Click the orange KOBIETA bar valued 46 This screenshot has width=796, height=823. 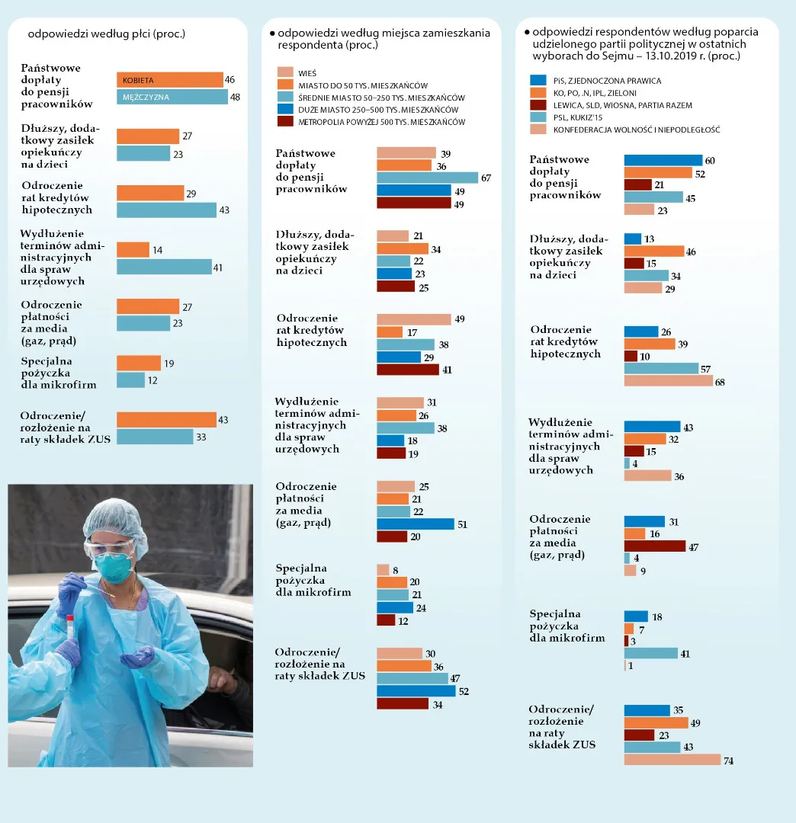point(169,80)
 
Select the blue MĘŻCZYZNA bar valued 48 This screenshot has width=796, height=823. point(172,97)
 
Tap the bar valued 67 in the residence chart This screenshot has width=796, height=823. point(427,178)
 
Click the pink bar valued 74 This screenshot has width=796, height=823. point(672,760)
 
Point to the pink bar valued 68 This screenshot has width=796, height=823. point(669,381)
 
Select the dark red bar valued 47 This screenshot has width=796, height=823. point(654,546)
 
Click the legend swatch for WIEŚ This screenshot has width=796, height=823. point(284,72)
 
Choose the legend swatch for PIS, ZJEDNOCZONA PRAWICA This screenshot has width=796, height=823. point(538,80)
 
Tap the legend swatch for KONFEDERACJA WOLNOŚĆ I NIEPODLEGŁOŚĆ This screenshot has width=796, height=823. point(538,130)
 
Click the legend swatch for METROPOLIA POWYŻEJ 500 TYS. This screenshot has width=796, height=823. point(284,122)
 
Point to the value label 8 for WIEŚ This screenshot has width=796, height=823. point(396,569)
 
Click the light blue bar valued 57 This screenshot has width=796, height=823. point(661,368)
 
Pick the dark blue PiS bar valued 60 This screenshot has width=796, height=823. point(663,160)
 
